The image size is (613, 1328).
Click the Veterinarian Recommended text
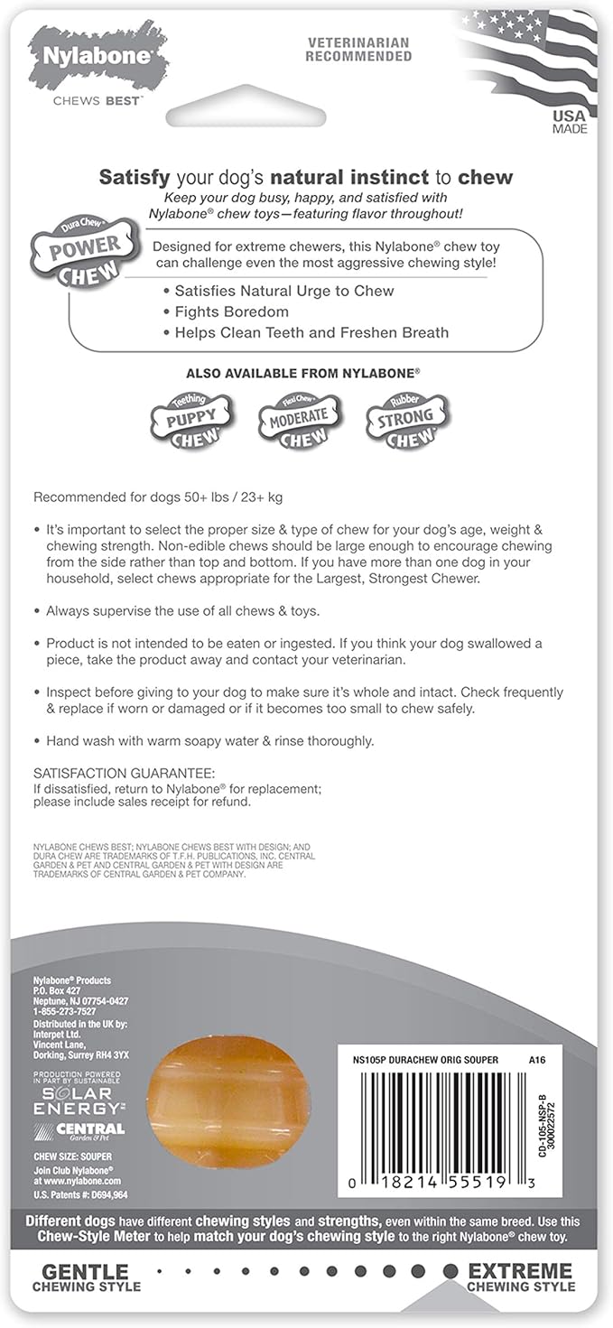point(358,50)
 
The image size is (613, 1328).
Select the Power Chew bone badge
point(86,252)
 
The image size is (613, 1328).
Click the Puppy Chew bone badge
point(190,418)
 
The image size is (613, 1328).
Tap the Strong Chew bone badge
point(407,418)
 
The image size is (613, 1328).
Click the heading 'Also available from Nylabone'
point(304,372)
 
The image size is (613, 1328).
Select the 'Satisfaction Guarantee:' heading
point(125,774)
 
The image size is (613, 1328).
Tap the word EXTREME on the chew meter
point(520,1270)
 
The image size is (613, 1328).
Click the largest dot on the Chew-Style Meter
point(450,1271)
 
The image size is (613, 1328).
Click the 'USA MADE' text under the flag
point(569,122)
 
